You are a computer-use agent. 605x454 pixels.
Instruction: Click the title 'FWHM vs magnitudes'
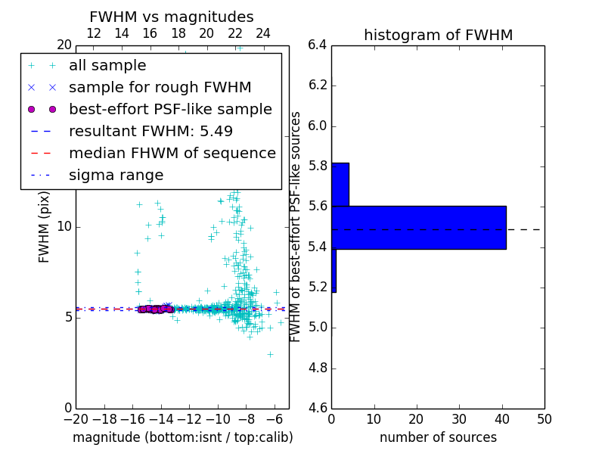pyautogui.click(x=172, y=17)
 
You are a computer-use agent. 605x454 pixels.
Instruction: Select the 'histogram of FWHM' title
pyautogui.click(x=438, y=35)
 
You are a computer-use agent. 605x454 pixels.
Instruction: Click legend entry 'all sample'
pyautogui.click(x=107, y=66)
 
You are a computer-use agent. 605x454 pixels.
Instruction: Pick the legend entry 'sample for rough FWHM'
pyautogui.click(x=160, y=87)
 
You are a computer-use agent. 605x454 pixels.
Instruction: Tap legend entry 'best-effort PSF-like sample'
pyautogui.click(x=170, y=109)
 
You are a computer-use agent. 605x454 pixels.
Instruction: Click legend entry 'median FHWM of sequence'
pyautogui.click(x=172, y=153)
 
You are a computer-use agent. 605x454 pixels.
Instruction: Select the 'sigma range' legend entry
pyautogui.click(x=116, y=175)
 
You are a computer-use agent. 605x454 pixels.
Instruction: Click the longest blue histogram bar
pyautogui.click(x=419, y=227)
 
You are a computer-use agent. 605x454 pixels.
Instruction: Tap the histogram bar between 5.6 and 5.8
pyautogui.click(x=340, y=184)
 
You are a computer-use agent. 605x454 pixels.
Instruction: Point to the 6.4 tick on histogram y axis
pyautogui.click(x=318, y=45)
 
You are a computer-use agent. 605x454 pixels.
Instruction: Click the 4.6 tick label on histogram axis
pyautogui.click(x=318, y=409)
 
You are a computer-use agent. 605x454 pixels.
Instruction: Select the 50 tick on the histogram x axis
pyautogui.click(x=544, y=419)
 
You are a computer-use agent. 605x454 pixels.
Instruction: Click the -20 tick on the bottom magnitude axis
pyautogui.click(x=76, y=419)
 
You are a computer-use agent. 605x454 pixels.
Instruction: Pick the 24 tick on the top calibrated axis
pyautogui.click(x=263, y=33)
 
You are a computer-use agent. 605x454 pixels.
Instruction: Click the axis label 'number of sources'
pyautogui.click(x=438, y=437)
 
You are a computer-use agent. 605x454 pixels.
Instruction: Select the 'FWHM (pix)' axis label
pyautogui.click(x=45, y=227)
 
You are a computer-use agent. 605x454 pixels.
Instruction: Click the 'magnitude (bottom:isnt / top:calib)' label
pyautogui.click(x=182, y=437)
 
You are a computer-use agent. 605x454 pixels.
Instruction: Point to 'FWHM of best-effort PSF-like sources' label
pyautogui.click(x=296, y=227)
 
